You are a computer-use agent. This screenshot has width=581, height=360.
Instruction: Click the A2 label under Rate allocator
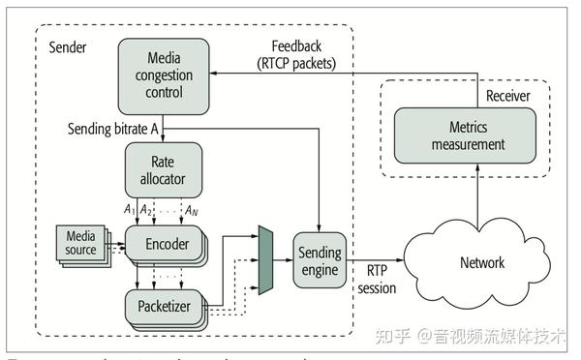click(146, 209)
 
